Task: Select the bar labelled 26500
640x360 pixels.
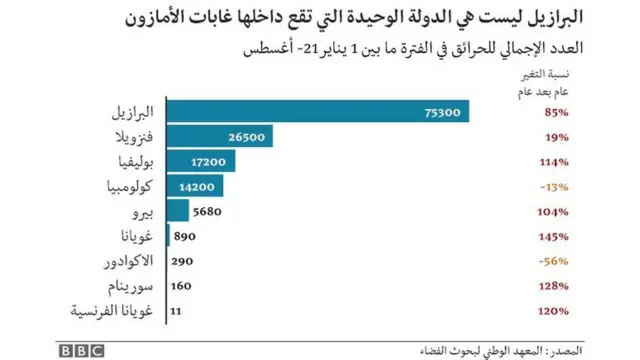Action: pos(218,137)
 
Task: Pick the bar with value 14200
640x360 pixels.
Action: pos(193,186)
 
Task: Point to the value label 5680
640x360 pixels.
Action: pos(206,211)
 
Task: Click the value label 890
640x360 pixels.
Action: pos(184,236)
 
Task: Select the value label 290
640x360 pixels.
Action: pos(181,261)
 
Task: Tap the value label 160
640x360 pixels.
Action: pos(181,286)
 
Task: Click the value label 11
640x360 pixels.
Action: pos(176,311)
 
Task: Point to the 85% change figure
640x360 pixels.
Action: pos(558,112)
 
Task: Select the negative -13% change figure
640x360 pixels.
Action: pos(555,186)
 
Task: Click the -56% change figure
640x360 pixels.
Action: pos(555,261)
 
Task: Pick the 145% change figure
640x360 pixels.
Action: pos(555,236)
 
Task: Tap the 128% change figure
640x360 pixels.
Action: pos(555,286)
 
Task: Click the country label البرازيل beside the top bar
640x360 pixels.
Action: pos(128,112)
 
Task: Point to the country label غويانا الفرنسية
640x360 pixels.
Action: pos(111,311)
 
